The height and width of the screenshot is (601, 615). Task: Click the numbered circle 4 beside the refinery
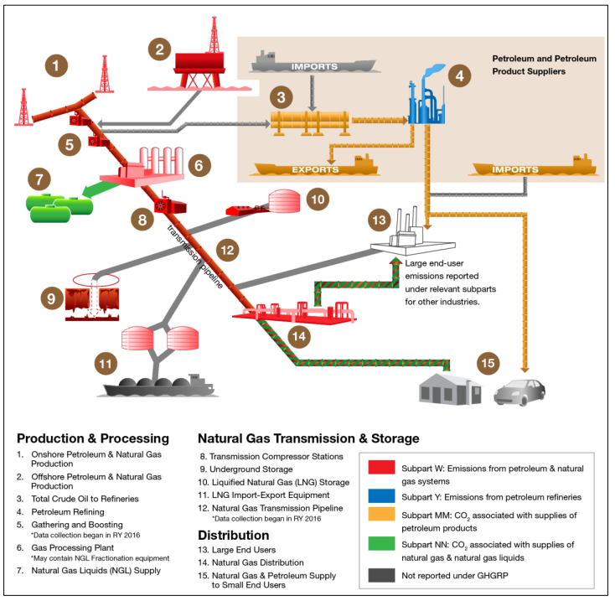459,75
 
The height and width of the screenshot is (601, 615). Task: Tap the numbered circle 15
488,363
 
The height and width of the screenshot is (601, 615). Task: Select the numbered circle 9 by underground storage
52,298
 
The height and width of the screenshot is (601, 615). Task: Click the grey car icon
519,391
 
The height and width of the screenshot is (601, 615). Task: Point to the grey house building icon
450,389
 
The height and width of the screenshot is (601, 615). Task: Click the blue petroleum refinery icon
426,95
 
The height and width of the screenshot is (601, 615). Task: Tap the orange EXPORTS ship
316,165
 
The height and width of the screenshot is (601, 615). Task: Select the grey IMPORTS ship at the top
314,62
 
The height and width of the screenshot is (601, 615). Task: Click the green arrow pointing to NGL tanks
100,189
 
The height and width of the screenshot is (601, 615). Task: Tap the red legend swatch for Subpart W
381,467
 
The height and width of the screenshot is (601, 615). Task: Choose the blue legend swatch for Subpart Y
381,496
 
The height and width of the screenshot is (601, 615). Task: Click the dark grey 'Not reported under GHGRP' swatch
381,575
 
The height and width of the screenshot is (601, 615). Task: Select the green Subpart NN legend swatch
381,543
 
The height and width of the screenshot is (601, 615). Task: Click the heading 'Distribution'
234,535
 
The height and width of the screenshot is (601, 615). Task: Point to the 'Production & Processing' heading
93,438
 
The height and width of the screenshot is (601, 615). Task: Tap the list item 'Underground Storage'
251,469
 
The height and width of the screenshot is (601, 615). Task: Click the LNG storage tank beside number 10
284,201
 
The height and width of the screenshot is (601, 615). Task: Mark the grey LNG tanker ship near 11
158,386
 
